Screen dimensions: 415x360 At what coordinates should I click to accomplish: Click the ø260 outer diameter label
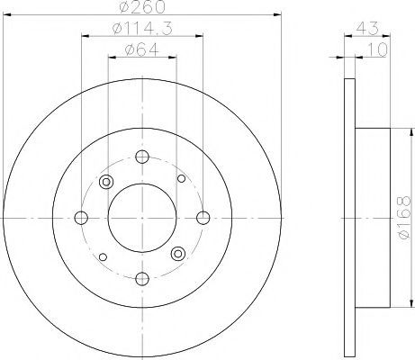[142, 7]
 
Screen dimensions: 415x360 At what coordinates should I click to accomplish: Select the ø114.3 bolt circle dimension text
[142, 29]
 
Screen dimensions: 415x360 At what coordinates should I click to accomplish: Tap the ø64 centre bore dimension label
[142, 49]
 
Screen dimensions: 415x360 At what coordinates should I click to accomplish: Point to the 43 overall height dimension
[367, 29]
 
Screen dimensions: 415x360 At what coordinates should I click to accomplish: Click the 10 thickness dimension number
[377, 49]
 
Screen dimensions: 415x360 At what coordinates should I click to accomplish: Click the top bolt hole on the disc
[142, 157]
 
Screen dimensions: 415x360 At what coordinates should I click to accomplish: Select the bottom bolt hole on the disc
[142, 279]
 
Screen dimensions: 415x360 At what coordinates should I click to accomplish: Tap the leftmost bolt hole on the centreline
[81, 218]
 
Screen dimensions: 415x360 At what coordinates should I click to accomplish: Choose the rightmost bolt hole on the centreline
[203, 218]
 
